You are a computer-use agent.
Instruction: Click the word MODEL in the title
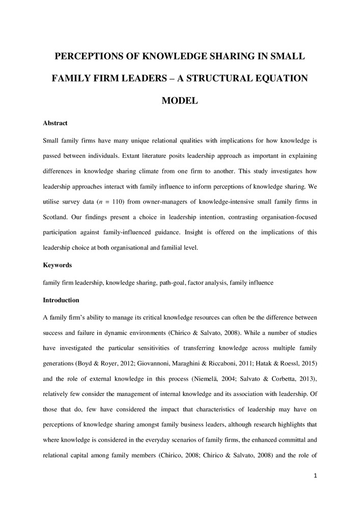pyautogui.click(x=180, y=101)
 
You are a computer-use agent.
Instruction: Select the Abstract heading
pyautogui.click(x=55, y=123)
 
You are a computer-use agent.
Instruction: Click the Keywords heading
pyautogui.click(x=57, y=265)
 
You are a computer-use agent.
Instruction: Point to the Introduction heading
pyautogui.click(x=61, y=300)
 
